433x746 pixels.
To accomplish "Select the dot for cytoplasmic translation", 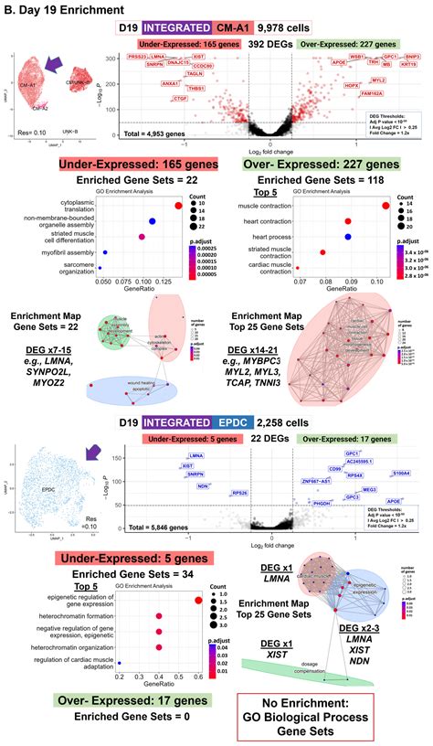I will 179,205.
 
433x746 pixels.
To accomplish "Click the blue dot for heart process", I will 349,236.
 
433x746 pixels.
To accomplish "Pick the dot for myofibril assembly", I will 105,252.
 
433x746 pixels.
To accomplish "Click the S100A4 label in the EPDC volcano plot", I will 400,474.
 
